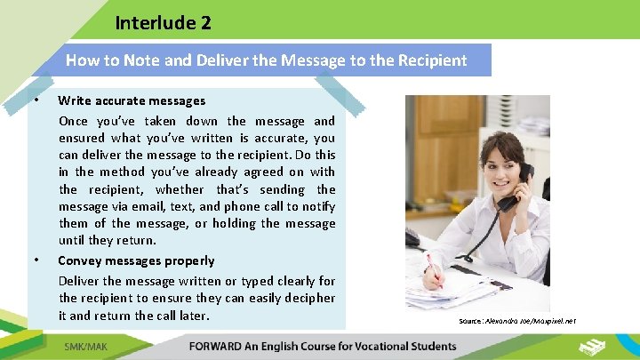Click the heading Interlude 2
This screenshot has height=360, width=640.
click(163, 23)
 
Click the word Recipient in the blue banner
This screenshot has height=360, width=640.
click(434, 60)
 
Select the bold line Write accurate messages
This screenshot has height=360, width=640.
click(132, 100)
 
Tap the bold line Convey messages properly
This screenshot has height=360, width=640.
click(136, 260)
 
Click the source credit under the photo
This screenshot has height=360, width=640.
click(517, 320)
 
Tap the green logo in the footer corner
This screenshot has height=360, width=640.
click(593, 345)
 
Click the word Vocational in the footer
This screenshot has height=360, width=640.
click(367, 346)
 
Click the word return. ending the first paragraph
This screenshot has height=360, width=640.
click(133, 240)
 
